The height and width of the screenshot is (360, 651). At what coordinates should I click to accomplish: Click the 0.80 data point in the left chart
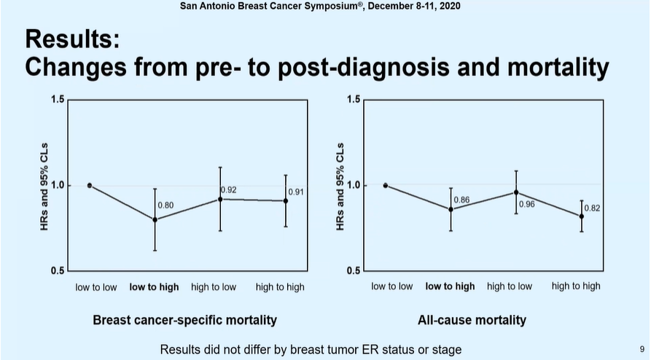point(155,219)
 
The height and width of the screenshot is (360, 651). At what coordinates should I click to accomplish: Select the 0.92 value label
point(229,189)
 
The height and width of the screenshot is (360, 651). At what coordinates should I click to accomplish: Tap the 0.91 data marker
point(285,201)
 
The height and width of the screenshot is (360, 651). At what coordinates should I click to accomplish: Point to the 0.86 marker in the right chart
point(451,209)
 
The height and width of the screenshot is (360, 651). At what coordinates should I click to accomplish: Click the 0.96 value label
point(526,204)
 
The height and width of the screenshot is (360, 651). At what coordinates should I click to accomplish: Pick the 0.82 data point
point(581,216)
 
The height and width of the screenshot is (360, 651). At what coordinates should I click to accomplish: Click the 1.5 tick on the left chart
point(57,99)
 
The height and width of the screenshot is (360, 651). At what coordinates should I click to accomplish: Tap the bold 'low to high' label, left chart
point(154,287)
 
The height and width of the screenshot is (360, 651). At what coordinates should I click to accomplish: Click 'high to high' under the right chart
point(576,286)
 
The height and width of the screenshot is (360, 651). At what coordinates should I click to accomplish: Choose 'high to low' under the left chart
point(214,287)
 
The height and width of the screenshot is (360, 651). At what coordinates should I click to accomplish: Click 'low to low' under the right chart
point(391,286)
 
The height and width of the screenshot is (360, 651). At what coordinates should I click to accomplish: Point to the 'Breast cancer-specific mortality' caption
point(184,320)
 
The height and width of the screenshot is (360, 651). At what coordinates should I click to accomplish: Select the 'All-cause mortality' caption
point(472,320)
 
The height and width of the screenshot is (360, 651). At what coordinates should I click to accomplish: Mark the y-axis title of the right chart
point(340,185)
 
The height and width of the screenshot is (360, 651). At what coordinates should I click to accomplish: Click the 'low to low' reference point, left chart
point(90,185)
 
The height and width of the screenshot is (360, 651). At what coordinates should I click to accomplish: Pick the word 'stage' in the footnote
point(445,350)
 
